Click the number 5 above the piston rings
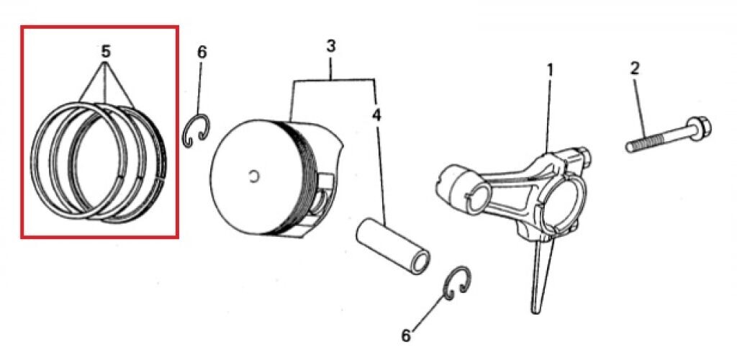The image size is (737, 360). pos(105,51)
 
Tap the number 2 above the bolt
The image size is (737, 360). pos(634,68)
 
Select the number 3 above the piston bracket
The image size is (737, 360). pos(331,47)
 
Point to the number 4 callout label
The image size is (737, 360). pos(376,114)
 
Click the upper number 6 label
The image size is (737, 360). pos(202,52)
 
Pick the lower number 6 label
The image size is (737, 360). pos(407,336)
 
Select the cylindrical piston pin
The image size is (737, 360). pos(393,248)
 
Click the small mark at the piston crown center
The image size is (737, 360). pos(254,176)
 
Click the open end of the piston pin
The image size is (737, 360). pos(420,263)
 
